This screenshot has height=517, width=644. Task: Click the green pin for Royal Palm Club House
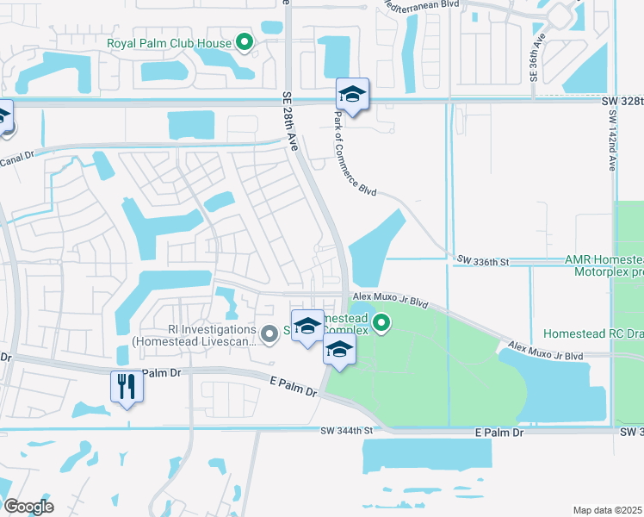click(245, 41)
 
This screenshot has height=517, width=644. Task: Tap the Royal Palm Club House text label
click(169, 43)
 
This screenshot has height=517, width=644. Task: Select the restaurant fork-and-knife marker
click(127, 387)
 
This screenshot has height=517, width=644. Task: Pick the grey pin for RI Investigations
click(269, 333)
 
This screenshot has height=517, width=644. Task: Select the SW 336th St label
click(483, 259)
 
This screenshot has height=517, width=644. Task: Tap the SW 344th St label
click(348, 430)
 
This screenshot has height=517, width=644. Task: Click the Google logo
click(29, 507)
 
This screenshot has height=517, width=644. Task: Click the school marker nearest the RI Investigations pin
click(307, 327)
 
